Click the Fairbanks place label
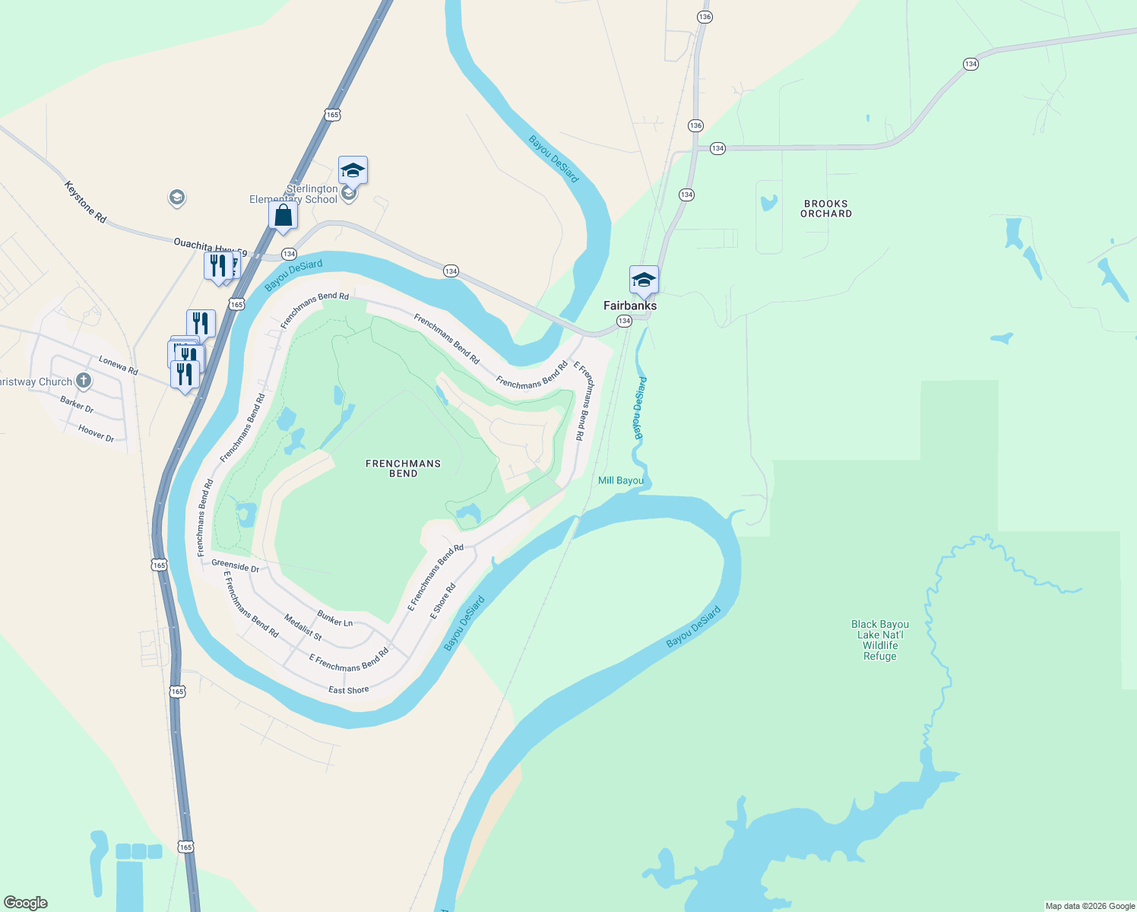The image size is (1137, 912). [630, 306]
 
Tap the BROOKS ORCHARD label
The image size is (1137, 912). [826, 209]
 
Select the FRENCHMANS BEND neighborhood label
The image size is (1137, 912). [403, 468]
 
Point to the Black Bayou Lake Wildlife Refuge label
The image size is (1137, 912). [880, 640]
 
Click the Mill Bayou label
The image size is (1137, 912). [621, 480]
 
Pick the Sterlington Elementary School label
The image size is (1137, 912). [294, 194]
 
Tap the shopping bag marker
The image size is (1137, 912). [283, 215]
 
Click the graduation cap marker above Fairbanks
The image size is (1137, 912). [644, 280]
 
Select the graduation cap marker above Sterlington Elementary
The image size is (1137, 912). [353, 170]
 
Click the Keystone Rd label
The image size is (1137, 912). [85, 202]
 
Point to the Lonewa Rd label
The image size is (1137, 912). [119, 366]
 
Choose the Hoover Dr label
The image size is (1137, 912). [96, 433]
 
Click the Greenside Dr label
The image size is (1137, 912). [236, 566]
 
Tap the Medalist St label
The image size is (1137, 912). [303, 627]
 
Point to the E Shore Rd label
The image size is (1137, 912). [443, 601]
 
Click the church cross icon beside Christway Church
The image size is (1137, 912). [84, 380]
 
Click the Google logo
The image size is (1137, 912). [26, 903]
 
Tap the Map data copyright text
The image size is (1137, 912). [1090, 906]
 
